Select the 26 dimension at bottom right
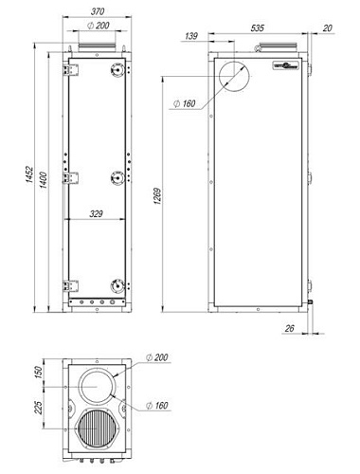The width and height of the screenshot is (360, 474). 291,329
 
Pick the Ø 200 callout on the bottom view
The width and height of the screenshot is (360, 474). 158,357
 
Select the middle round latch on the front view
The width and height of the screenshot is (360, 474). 117,176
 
